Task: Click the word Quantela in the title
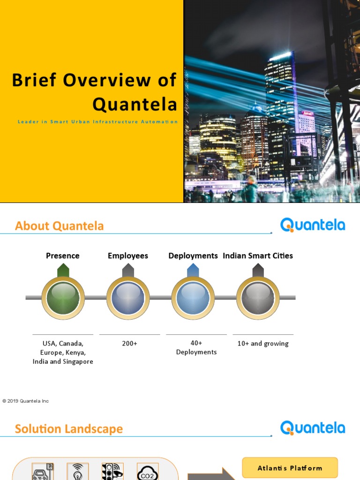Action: (135, 104)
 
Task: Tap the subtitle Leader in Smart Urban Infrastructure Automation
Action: (97, 122)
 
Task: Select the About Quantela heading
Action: (60, 226)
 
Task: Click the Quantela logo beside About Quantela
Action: (313, 225)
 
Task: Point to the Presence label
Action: (62, 255)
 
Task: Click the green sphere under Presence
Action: (63, 298)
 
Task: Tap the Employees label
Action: (128, 255)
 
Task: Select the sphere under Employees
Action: (128, 298)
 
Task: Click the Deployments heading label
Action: (193, 255)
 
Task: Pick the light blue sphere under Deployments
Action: (193, 298)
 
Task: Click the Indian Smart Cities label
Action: (258, 255)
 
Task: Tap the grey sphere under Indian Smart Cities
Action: (258, 298)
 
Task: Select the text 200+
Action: (130, 344)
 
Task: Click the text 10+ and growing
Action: (263, 344)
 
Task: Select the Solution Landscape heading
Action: (69, 429)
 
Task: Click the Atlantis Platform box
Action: (290, 468)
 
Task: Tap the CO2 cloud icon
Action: (147, 472)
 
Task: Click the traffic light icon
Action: (112, 472)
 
